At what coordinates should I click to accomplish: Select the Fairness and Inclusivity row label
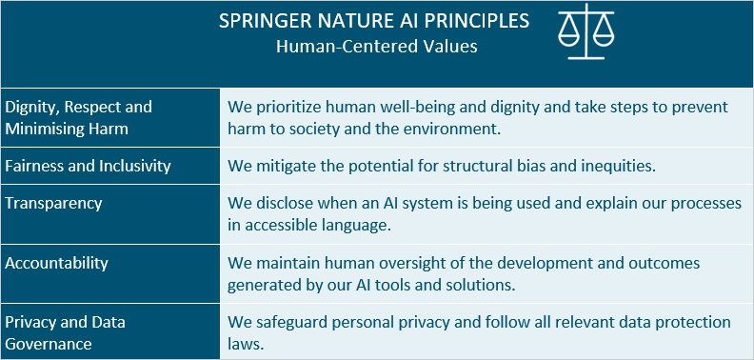click(89, 166)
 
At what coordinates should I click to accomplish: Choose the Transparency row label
click(53, 203)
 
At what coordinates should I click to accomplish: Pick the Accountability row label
click(57, 263)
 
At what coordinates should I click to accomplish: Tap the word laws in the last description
click(245, 345)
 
